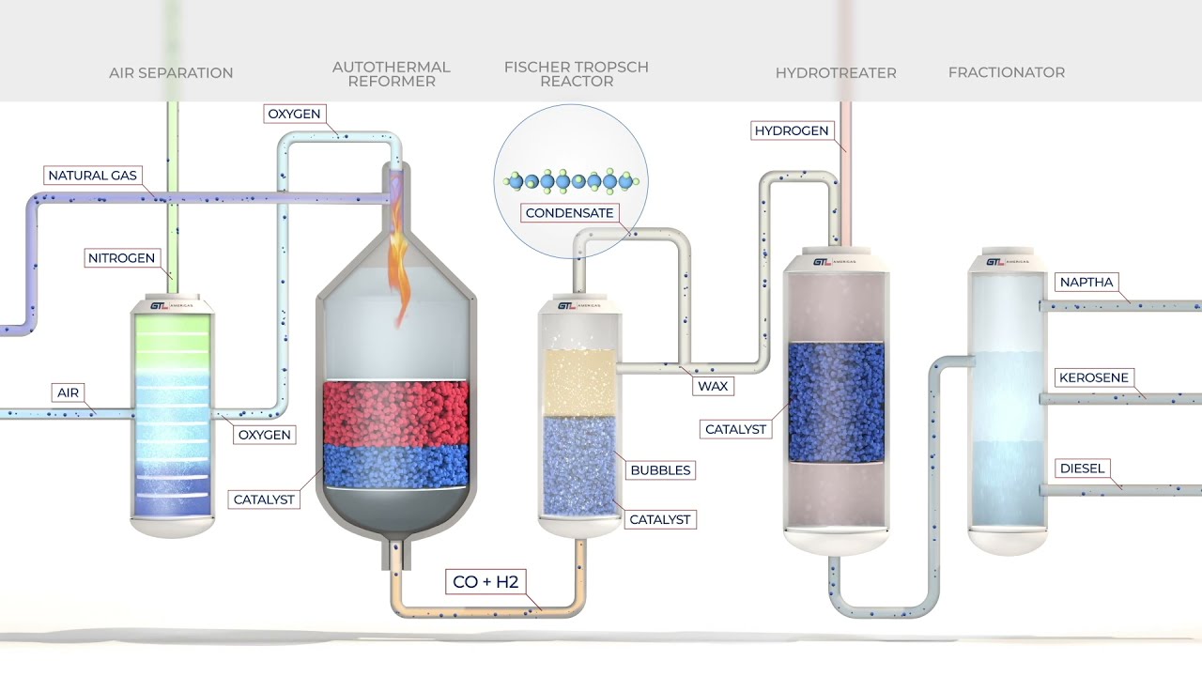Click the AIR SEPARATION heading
pyautogui.click(x=171, y=72)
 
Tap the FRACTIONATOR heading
pyautogui.click(x=1006, y=72)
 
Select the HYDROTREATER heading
pyautogui.click(x=835, y=72)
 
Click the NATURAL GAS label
pyautogui.click(x=92, y=176)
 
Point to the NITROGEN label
pyautogui.click(x=121, y=258)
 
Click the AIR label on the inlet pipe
pyautogui.click(x=69, y=392)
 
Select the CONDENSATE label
pyautogui.click(x=569, y=213)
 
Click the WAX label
pyautogui.click(x=711, y=386)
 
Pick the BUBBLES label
pyautogui.click(x=660, y=469)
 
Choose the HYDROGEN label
pyautogui.click(x=792, y=131)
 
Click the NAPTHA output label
pyautogui.click(x=1086, y=283)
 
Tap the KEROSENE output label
pyautogui.click(x=1093, y=377)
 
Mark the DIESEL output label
pyautogui.click(x=1082, y=468)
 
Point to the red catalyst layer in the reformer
pyautogui.click(x=394, y=413)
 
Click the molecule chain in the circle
pyautogui.click(x=570, y=181)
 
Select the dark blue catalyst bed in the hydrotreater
pyautogui.click(x=835, y=402)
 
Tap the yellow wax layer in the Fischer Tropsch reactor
pyautogui.click(x=580, y=380)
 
